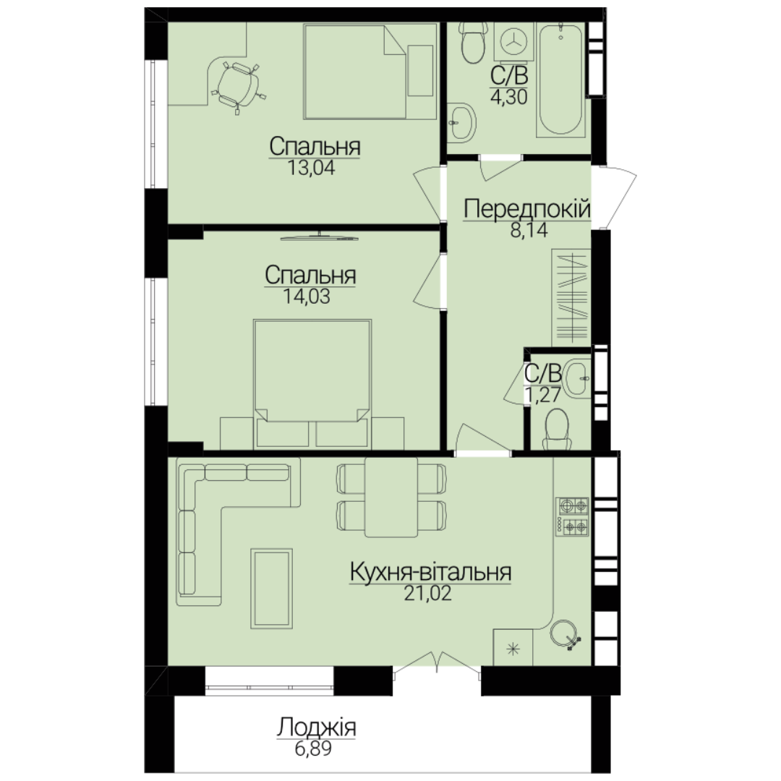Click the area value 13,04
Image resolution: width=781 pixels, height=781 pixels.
311,168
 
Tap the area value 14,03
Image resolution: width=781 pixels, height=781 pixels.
307,296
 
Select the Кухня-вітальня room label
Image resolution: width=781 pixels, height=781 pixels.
430,572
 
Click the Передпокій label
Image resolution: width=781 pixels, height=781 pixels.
527,209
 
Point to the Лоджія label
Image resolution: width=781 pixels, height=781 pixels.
316,727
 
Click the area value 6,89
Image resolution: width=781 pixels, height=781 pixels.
313,748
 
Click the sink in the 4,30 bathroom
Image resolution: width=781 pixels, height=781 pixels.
461,122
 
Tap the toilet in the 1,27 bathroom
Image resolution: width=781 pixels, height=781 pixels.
557,429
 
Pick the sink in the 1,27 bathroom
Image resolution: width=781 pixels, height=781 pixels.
578,379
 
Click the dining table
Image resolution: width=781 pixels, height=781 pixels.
391,498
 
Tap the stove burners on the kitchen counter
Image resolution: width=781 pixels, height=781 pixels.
573,517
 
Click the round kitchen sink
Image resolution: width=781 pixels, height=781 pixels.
565,635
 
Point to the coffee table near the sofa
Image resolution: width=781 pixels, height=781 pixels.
271,588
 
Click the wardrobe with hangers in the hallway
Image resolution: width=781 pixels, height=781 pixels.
571,297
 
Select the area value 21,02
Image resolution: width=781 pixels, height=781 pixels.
427,594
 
